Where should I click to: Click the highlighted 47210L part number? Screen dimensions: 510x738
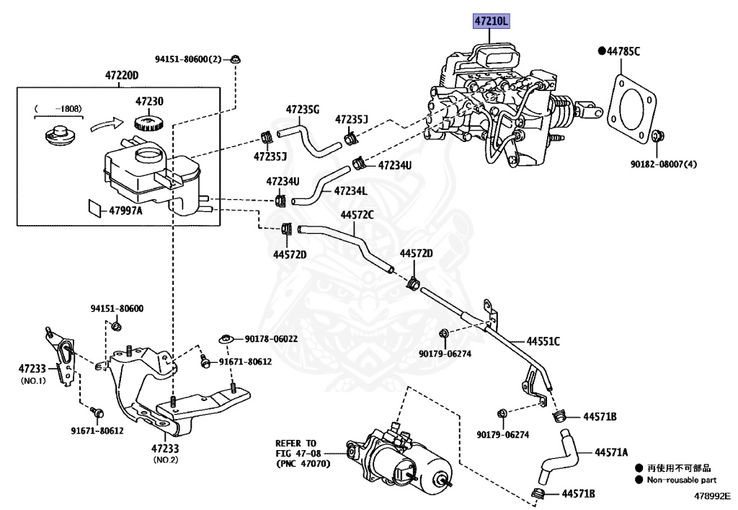point(491,22)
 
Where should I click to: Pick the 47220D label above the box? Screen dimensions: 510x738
point(121,76)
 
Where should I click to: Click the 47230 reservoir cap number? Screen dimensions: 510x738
point(150,102)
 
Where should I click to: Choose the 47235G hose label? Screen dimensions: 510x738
point(302,110)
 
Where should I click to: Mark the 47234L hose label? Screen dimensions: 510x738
point(350,191)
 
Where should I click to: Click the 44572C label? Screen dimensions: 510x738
point(357,214)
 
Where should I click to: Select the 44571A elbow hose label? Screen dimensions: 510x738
point(611,452)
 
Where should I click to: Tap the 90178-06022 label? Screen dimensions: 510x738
point(271,338)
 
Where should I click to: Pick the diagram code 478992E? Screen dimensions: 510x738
point(712,496)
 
